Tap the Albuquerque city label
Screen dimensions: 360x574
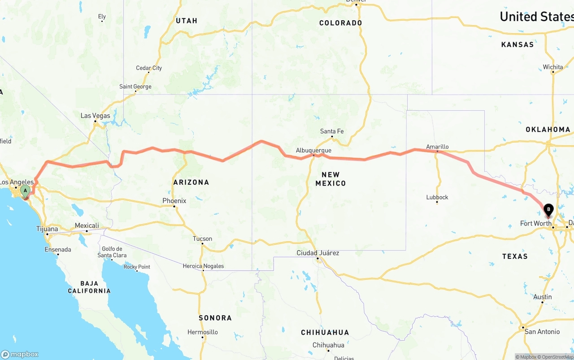[x=313, y=151]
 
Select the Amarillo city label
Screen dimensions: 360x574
[x=437, y=147]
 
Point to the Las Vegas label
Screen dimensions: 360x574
[x=95, y=116]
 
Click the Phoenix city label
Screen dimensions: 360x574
[x=174, y=201]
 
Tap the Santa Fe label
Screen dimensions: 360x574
[x=332, y=131]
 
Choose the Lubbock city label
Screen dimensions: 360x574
[x=437, y=197]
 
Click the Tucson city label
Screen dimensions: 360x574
[x=202, y=239]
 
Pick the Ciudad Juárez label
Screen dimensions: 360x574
[x=318, y=253]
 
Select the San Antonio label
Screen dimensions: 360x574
[x=542, y=332]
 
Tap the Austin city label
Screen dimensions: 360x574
[x=543, y=297]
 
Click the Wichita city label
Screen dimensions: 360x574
[x=553, y=67]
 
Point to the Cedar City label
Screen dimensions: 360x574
[x=149, y=68]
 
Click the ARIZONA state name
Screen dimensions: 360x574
[x=191, y=182]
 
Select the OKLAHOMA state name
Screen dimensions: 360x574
[x=548, y=130]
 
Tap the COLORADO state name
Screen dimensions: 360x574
[x=340, y=23]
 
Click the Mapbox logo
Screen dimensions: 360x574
[x=20, y=354]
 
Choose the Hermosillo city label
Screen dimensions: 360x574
[x=203, y=332]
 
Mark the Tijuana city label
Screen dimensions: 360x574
[x=47, y=229]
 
